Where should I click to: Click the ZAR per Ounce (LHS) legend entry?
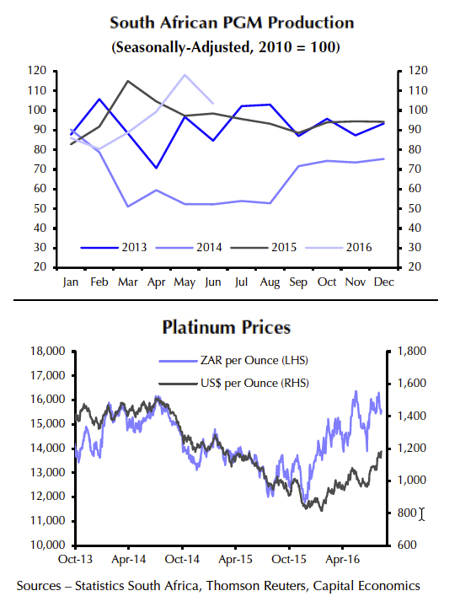(x=231, y=361)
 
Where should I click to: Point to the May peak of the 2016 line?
(x=185, y=75)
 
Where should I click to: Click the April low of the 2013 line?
(x=156, y=168)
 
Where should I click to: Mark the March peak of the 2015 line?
(x=127, y=81)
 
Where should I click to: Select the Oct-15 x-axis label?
(x=288, y=558)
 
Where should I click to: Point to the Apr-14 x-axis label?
(x=130, y=558)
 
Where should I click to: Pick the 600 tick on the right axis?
(x=405, y=545)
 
